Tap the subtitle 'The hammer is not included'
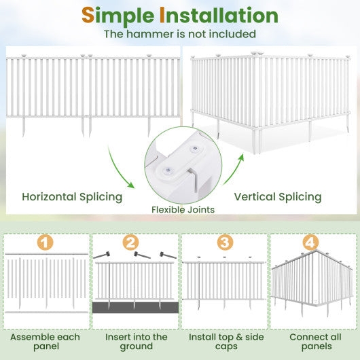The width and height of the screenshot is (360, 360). [179, 34]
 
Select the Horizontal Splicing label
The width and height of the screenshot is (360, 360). [72, 197]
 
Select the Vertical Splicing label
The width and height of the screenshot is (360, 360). [277, 197]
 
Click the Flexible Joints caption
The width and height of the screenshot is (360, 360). [183, 210]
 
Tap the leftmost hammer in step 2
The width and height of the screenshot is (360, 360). [103, 255]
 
